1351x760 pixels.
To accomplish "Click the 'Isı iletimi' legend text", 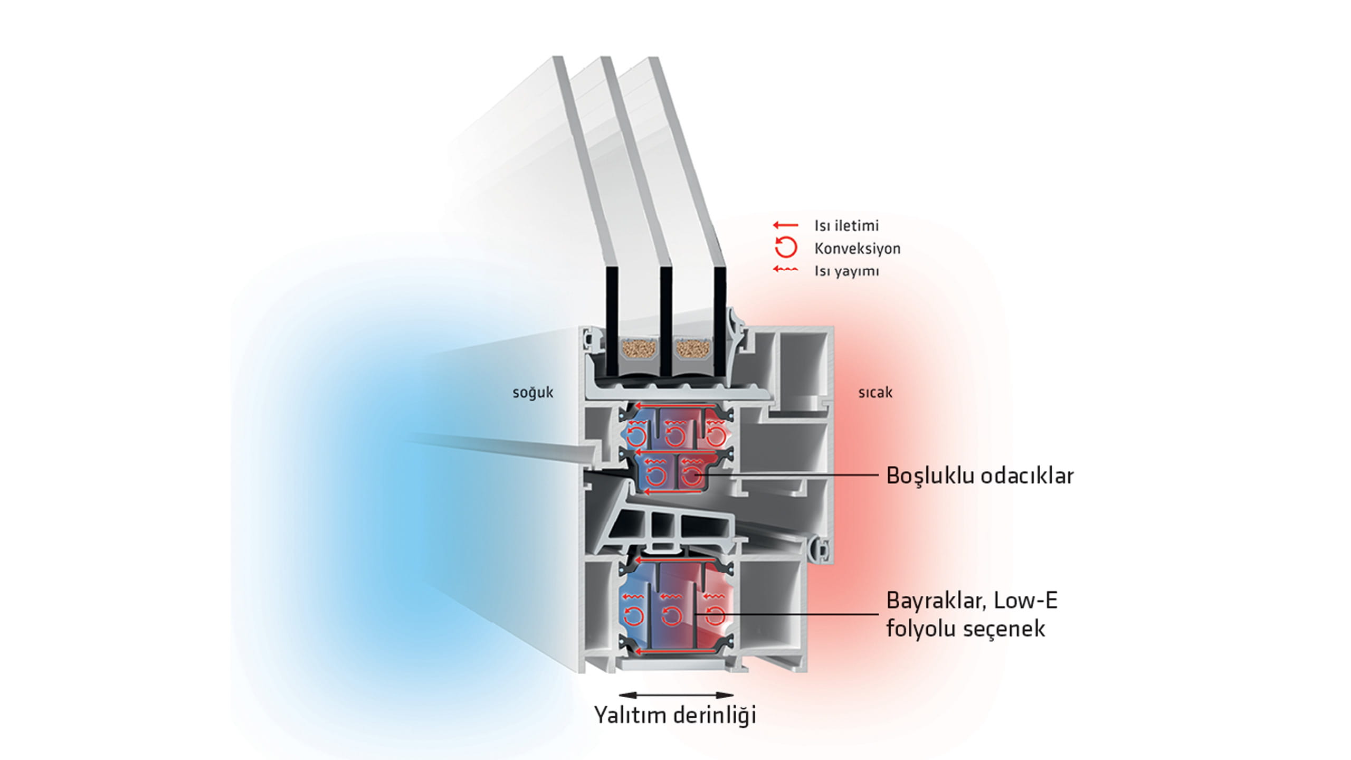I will pyautogui.click(x=846, y=226).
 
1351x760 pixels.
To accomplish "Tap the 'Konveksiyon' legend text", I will pyautogui.click(x=857, y=249).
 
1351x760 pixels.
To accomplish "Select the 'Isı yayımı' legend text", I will pyautogui.click(x=846, y=271).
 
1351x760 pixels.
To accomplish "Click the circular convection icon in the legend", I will pyautogui.click(x=785, y=247).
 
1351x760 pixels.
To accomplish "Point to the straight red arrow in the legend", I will pyautogui.click(x=785, y=225).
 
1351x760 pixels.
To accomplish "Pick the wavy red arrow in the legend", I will pyautogui.click(x=785, y=270).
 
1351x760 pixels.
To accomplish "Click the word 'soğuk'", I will pyautogui.click(x=532, y=393).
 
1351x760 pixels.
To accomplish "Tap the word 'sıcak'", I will pyautogui.click(x=875, y=393).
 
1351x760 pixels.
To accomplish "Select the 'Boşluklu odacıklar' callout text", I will pyautogui.click(x=979, y=476).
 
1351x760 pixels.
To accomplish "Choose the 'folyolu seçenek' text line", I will pyautogui.click(x=965, y=629).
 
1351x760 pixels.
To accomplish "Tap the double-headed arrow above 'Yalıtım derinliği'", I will pyautogui.click(x=675, y=695).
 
